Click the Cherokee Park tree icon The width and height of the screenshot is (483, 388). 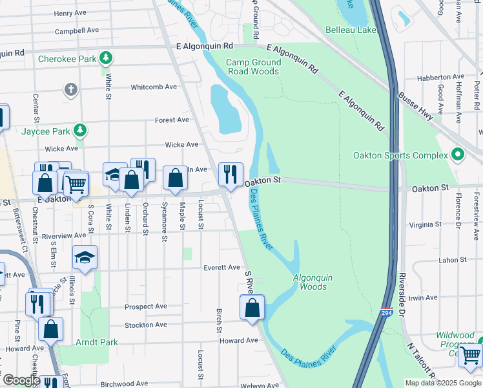107,59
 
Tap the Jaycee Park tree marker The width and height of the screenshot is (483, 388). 79,131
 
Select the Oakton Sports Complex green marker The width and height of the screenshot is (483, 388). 458,155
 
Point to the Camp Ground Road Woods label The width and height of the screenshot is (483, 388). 254,67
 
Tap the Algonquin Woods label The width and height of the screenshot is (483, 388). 313,282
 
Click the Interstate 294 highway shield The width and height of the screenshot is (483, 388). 386,312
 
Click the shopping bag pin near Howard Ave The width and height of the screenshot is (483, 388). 252,308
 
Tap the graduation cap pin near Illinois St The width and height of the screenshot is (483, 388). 85,258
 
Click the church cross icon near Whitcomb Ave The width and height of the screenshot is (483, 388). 71,89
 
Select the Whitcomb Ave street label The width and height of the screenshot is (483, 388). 153,87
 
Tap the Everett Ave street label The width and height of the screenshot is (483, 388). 221,267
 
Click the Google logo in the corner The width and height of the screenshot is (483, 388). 21,380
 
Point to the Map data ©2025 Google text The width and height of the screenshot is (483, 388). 442,382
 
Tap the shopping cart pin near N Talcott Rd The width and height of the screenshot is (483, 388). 471,355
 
